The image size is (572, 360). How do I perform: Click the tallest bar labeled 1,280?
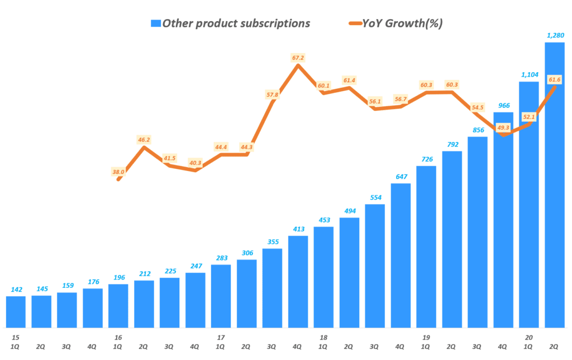tap(554, 184)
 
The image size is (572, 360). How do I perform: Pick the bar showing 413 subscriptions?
tap(298, 282)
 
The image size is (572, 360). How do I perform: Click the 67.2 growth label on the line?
tap(298, 58)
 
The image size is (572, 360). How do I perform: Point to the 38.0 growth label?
tap(118, 172)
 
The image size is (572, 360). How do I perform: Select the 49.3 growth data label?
tap(503, 128)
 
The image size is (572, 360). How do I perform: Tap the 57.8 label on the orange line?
tap(272, 94)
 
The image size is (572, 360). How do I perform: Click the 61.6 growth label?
tap(555, 80)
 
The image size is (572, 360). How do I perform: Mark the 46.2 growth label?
tap(144, 139)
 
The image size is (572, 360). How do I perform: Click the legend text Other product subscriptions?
tap(236, 23)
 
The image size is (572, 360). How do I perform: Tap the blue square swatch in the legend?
tap(155, 23)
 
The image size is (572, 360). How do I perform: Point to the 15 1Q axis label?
tap(16, 342)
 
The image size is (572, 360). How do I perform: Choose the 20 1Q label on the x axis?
tap(528, 342)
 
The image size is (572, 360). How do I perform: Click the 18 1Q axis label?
tap(323, 342)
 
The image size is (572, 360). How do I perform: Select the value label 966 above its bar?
tap(503, 105)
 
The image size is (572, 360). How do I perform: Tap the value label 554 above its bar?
tap(375, 197)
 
